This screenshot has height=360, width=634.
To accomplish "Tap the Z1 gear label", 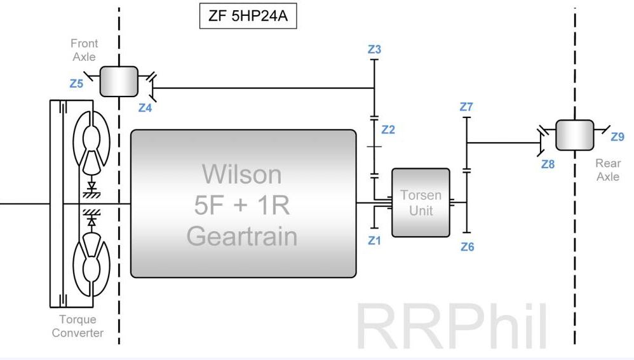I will (x=374, y=241).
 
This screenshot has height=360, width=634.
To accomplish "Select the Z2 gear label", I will (x=388, y=130).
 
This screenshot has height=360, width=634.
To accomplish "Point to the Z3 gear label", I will (x=374, y=49).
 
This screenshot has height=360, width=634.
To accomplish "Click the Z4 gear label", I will (x=145, y=108).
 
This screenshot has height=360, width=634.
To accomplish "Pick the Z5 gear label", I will (x=76, y=83).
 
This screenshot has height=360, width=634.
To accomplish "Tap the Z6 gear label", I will (x=467, y=247).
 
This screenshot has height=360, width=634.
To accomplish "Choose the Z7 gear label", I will (x=466, y=107).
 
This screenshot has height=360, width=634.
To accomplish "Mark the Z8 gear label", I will (x=548, y=164).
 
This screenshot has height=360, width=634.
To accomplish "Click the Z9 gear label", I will (x=617, y=136).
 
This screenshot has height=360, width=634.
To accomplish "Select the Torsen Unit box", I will (x=421, y=203).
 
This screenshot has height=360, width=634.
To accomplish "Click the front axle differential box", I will (x=118, y=81).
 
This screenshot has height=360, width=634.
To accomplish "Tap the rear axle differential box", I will (x=574, y=135).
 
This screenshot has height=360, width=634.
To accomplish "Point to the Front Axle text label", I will (x=84, y=50).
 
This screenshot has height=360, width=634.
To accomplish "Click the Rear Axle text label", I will (x=608, y=170).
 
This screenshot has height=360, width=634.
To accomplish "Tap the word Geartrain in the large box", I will (x=241, y=236).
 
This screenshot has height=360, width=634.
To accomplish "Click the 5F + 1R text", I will (x=241, y=204).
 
